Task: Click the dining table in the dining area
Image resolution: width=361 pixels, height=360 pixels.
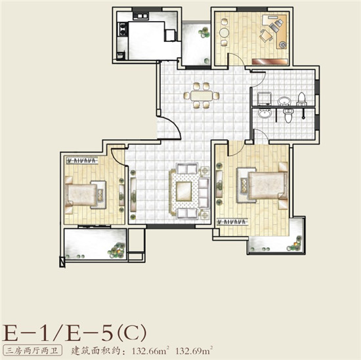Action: (x=202, y=96)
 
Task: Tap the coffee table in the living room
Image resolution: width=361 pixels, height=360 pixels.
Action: (x=184, y=191)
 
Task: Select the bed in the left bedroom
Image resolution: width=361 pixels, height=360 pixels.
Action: (x=81, y=195)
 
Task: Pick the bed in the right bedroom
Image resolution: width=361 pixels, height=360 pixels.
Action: (x=267, y=186)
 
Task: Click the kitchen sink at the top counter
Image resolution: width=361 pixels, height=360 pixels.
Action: (x=140, y=16)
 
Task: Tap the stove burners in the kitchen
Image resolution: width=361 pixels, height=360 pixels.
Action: (x=123, y=29)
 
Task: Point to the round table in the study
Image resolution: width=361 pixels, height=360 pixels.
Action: (x=224, y=32)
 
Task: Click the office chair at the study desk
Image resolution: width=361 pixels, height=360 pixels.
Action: (x=266, y=35)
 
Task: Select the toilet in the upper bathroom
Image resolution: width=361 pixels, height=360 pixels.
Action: (x=302, y=99)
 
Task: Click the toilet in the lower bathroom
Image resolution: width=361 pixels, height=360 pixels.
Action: (x=289, y=115)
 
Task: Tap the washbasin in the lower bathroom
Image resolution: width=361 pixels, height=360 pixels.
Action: (x=265, y=113)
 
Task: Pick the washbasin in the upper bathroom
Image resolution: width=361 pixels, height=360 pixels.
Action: (x=284, y=101)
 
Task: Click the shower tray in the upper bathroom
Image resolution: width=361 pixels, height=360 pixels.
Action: (x=264, y=98)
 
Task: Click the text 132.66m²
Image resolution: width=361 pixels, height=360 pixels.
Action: (x=150, y=351)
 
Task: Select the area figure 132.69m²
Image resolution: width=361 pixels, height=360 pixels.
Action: (x=194, y=351)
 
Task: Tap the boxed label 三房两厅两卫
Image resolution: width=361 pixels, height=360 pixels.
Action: (x=32, y=351)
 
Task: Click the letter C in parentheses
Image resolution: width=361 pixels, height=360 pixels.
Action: (x=131, y=332)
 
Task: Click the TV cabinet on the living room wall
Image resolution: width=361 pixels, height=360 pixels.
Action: (x=133, y=195)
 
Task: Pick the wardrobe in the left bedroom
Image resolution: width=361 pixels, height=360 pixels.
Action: (x=83, y=161)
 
